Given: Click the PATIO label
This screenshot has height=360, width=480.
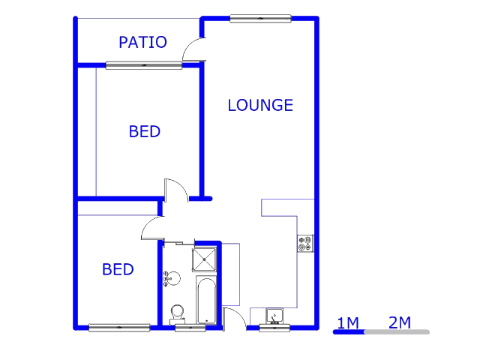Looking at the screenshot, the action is pos(142,42).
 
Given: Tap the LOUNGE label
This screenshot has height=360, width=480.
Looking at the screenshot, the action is pos(260,105).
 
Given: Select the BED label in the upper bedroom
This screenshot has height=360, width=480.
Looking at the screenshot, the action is pos(145,132).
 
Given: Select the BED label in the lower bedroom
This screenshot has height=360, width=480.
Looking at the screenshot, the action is pos(118,269).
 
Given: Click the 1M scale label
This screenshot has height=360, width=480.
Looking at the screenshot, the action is pos(348,323).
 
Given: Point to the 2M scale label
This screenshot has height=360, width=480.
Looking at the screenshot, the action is pos(400,322).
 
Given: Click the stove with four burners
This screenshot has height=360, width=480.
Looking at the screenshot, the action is pos(305,243).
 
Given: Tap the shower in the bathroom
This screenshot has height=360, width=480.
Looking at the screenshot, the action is pos(204,259).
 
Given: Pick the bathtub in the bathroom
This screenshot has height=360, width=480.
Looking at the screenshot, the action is pos(206,300).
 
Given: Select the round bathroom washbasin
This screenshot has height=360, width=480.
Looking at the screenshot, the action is pos(172,278).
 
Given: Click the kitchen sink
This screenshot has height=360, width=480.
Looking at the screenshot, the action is pos(274,316).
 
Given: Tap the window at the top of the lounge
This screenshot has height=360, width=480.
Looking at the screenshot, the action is pos(260,19).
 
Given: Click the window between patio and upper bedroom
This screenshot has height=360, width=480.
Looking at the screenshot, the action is pos(143,65).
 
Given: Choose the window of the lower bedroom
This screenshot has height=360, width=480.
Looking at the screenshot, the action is pos(119,328).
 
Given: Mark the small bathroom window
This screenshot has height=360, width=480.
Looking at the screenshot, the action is pos(190,328).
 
